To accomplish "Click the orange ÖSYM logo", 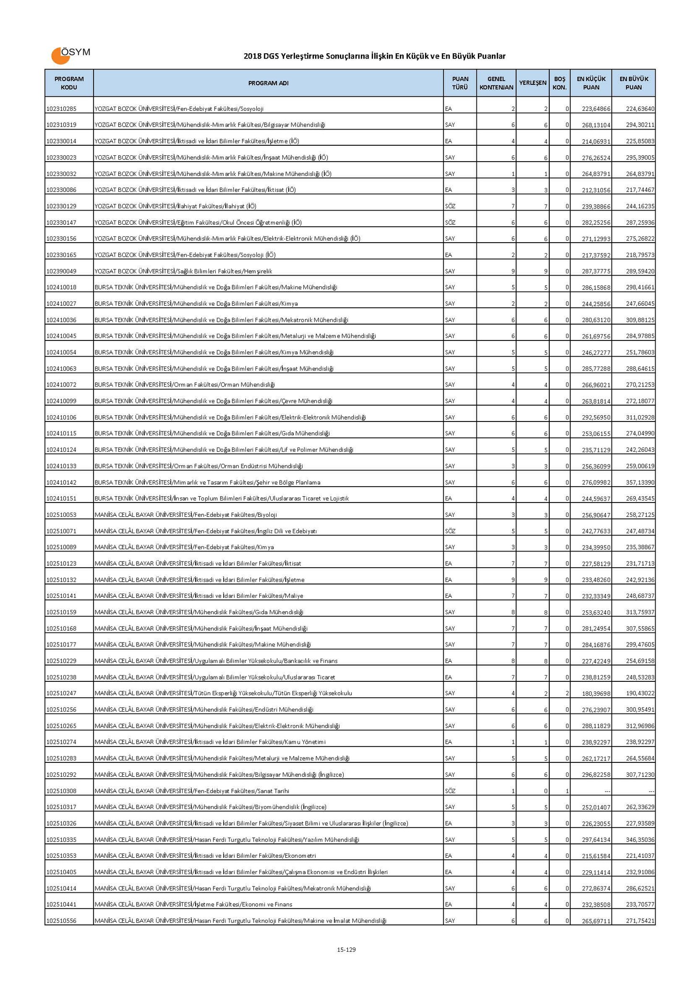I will click(x=70, y=55).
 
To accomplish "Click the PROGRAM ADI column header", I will click(x=268, y=83).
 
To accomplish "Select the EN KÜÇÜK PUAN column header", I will click(x=590, y=83).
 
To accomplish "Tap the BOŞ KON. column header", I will click(x=559, y=83).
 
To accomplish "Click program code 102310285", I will click(x=61, y=109).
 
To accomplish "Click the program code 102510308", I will click(x=61, y=791).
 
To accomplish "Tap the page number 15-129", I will click(x=346, y=949).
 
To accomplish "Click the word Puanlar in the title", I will click(x=491, y=57).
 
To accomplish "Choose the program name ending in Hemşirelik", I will click(x=183, y=271).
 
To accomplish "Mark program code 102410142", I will click(x=61, y=482).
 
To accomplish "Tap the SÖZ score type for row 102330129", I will click(x=449, y=206).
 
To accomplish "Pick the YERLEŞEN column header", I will click(x=532, y=83).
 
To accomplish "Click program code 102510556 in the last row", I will click(x=61, y=921).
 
